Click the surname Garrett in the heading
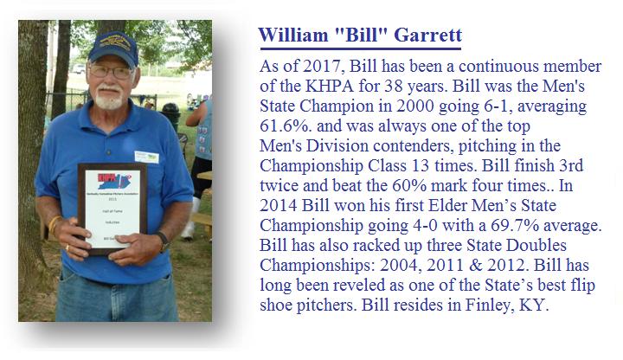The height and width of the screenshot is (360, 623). click(428, 35)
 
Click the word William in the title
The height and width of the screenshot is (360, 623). click(293, 35)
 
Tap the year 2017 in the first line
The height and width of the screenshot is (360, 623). click(324, 67)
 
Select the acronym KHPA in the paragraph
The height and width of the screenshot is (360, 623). click(330, 87)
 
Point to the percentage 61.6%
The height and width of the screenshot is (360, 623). click(285, 126)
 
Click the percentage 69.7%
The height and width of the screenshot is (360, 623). click(516, 225)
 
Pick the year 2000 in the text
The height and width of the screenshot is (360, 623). click(415, 106)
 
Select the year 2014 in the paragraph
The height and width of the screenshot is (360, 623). click(279, 205)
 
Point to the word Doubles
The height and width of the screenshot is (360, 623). click(536, 245)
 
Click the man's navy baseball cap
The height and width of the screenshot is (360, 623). click(113, 48)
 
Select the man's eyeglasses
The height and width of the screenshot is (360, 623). click(112, 72)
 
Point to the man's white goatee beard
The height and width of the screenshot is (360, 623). click(109, 98)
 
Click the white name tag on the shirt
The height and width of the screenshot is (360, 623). click(146, 157)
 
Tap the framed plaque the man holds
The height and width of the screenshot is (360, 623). click(112, 209)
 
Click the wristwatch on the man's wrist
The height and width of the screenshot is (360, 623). click(163, 242)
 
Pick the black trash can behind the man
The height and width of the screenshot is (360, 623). click(170, 115)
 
